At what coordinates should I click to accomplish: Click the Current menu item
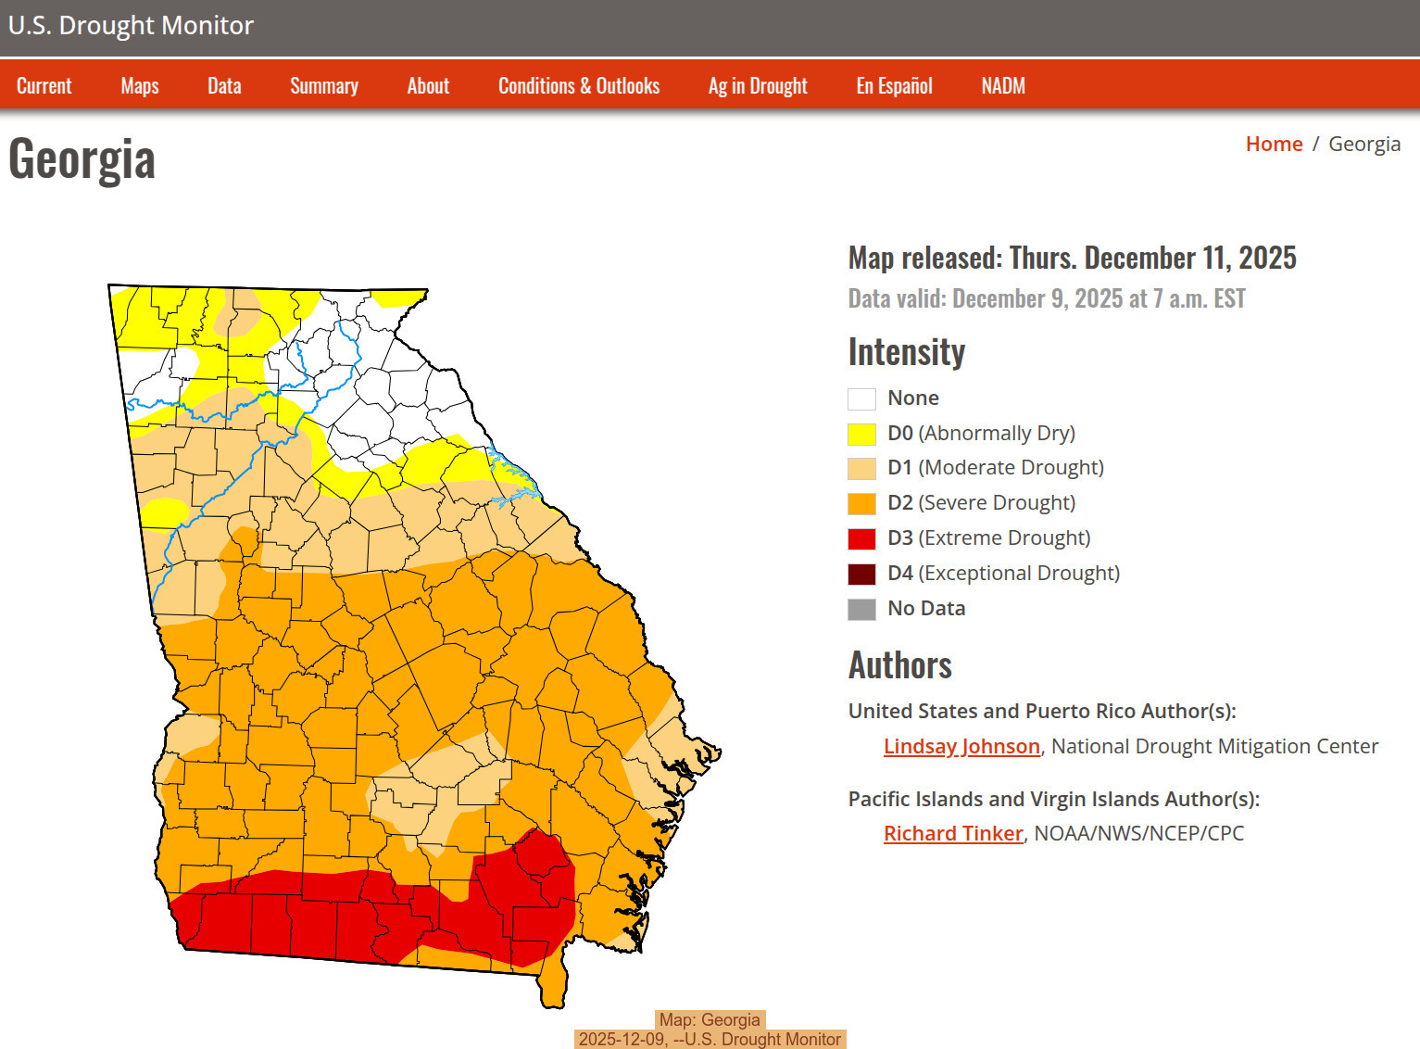[x=44, y=86]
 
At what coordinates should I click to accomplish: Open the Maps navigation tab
[x=140, y=86]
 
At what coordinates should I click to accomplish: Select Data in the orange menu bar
[x=224, y=86]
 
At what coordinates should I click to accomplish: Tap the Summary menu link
[x=324, y=86]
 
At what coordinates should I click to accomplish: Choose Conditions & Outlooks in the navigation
[x=579, y=86]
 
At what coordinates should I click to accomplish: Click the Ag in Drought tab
[x=758, y=86]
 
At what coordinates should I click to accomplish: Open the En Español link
[x=894, y=86]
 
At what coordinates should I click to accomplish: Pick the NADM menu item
[x=1003, y=86]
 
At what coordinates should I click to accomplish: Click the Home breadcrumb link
[x=1274, y=144]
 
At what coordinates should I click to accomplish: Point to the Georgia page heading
[x=82, y=159]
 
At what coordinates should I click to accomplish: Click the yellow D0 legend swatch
[x=861, y=434]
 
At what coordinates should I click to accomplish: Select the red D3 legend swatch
[x=861, y=538]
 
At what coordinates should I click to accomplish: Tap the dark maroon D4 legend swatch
[x=861, y=574]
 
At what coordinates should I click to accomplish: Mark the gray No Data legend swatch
[x=861, y=609]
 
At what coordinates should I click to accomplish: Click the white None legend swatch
[x=861, y=398]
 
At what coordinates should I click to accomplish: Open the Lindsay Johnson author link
[x=961, y=746]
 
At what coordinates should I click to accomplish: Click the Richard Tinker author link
[x=953, y=833]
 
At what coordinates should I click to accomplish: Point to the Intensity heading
[x=906, y=352]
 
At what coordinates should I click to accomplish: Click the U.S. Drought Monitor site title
[x=131, y=26]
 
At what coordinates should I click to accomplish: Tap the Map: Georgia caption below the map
[x=710, y=1020]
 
